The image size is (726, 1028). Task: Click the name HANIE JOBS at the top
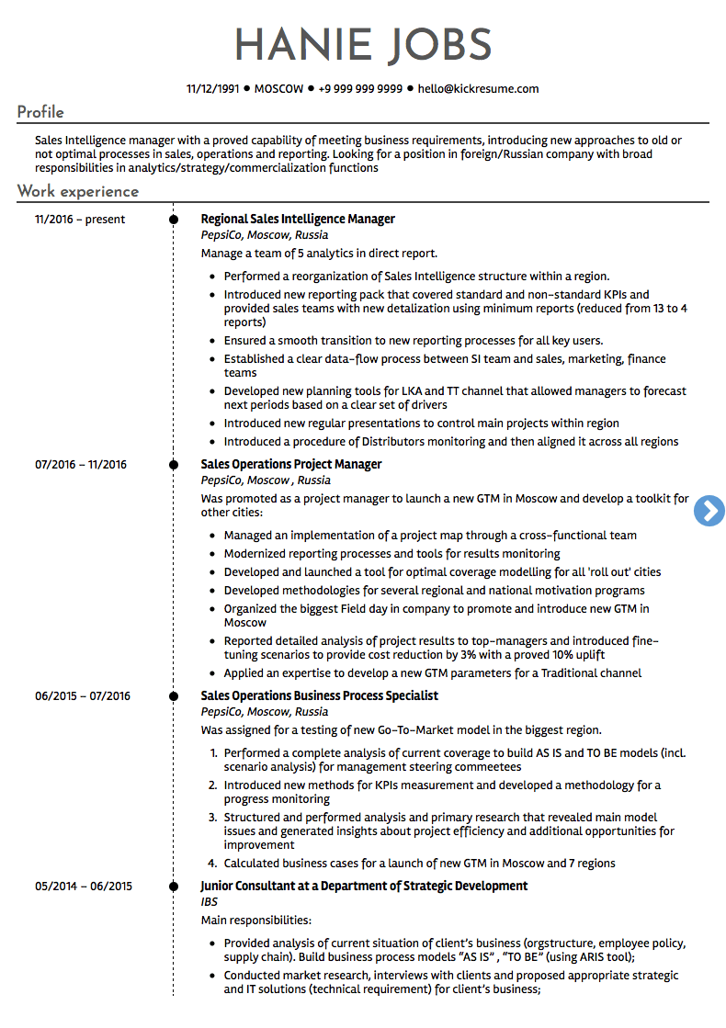click(x=363, y=46)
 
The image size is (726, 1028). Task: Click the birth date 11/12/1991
click(x=212, y=89)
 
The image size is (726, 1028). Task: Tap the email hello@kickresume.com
click(x=478, y=89)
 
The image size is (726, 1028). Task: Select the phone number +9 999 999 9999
click(x=360, y=89)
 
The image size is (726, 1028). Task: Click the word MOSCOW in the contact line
click(x=278, y=89)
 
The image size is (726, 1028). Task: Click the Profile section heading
click(x=40, y=112)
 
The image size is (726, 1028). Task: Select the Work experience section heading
click(x=78, y=191)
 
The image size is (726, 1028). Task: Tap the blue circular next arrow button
click(x=709, y=511)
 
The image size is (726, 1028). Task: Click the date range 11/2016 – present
click(x=80, y=220)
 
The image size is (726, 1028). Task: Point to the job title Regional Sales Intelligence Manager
click(x=298, y=220)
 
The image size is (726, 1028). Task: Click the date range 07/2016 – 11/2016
click(x=81, y=465)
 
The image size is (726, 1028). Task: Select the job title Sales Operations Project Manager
click(x=290, y=465)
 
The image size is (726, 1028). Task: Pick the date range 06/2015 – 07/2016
click(x=83, y=696)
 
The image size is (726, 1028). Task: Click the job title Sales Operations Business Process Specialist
click(x=319, y=696)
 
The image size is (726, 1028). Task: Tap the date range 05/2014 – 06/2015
click(x=84, y=887)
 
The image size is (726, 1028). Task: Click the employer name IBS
click(x=209, y=902)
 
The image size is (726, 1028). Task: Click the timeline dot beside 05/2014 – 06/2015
click(x=173, y=887)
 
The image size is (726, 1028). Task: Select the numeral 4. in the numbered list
click(x=212, y=864)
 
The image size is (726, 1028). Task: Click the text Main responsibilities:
click(x=255, y=921)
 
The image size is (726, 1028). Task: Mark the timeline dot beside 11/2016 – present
click(x=173, y=220)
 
